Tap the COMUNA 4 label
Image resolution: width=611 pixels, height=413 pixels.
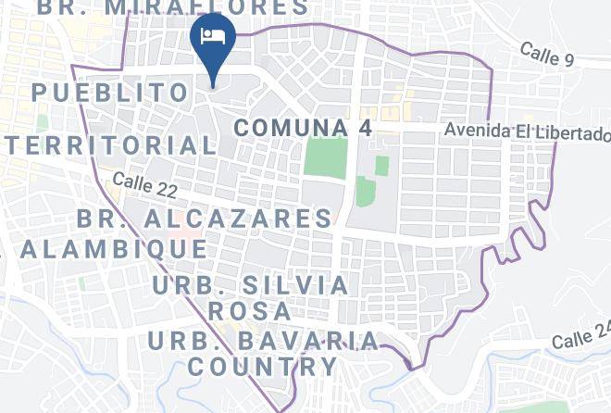tap(303, 128)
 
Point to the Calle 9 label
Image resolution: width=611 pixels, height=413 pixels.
tap(547, 56)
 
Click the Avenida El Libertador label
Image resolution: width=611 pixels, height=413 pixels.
tap(527, 132)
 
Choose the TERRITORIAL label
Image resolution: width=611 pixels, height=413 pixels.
tap(109, 145)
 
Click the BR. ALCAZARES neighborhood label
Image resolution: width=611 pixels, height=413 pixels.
tap(205, 219)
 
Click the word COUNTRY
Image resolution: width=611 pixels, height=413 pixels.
tap(262, 366)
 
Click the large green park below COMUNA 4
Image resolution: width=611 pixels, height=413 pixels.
tap(325, 157)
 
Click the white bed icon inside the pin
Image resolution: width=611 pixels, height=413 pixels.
tap(213, 36)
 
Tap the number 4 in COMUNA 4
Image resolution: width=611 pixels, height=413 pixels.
tap(365, 128)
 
